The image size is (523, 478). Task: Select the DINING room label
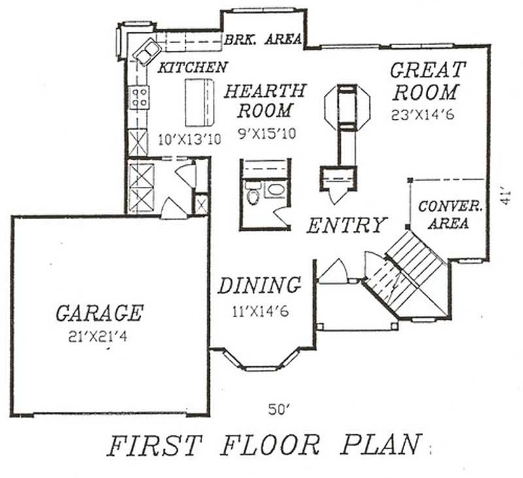pyautogui.click(x=260, y=286)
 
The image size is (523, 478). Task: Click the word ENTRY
pyautogui.click(x=346, y=226)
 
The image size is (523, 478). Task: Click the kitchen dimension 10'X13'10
pyautogui.click(x=190, y=139)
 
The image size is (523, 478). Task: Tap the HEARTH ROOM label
pyautogui.click(x=264, y=100)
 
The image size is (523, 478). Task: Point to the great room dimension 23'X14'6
pyautogui.click(x=424, y=113)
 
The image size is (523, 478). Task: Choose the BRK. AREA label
pyautogui.click(x=263, y=39)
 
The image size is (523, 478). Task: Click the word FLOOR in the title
pyautogui.click(x=270, y=446)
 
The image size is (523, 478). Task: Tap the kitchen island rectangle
pyautogui.click(x=200, y=103)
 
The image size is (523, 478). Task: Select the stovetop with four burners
pyautogui.click(x=140, y=98)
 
